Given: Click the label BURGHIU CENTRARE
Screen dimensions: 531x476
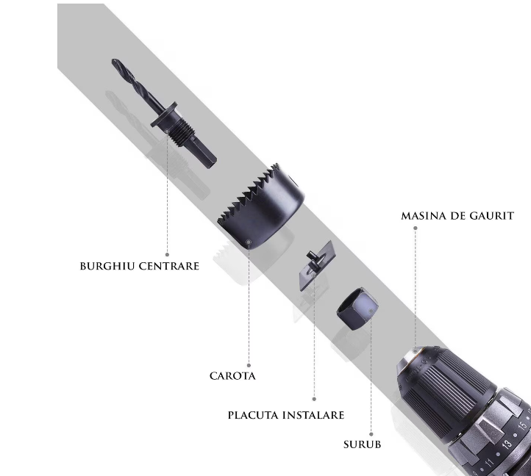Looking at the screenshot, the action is tap(140, 266).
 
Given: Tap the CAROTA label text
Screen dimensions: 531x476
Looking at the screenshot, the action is tap(232, 376).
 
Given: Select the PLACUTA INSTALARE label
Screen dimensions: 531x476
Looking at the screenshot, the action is tap(286, 415).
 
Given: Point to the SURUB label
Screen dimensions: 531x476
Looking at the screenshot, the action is tap(362, 444).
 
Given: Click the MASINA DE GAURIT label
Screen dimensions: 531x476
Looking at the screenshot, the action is tap(457, 216).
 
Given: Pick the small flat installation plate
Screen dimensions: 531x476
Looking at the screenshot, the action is tap(317, 266).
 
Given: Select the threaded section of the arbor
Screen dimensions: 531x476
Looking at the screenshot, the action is tap(184, 133).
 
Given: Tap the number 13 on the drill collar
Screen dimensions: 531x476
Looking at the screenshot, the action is tap(507, 444).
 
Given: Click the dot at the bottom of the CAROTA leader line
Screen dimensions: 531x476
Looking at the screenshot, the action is tap(249, 365).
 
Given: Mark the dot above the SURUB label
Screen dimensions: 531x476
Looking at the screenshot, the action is tap(371, 434).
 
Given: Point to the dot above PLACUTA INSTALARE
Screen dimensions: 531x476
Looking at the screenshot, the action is tap(314, 399).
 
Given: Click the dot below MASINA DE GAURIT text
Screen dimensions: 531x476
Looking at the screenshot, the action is tap(416, 228).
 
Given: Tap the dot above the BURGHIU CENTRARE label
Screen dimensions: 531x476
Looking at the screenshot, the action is tap(167, 254).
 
